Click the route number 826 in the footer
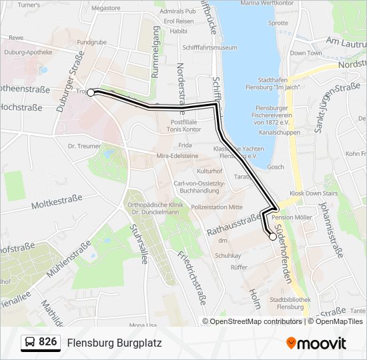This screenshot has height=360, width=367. coord(47,342)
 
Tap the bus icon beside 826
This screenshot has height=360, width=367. coord(31,343)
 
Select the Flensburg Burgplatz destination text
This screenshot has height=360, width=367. coord(114,343)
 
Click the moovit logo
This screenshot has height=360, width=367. coord(316,343)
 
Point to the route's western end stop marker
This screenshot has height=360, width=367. coord(91,93)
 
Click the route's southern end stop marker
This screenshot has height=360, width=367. coord(273,236)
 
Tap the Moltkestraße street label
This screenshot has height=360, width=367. coord(56,198)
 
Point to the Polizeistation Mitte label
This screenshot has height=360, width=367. coord(217,207)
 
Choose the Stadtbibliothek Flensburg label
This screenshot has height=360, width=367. coord(288,303)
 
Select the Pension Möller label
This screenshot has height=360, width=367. coord(292,217)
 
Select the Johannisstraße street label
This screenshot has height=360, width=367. coord(332,230)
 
